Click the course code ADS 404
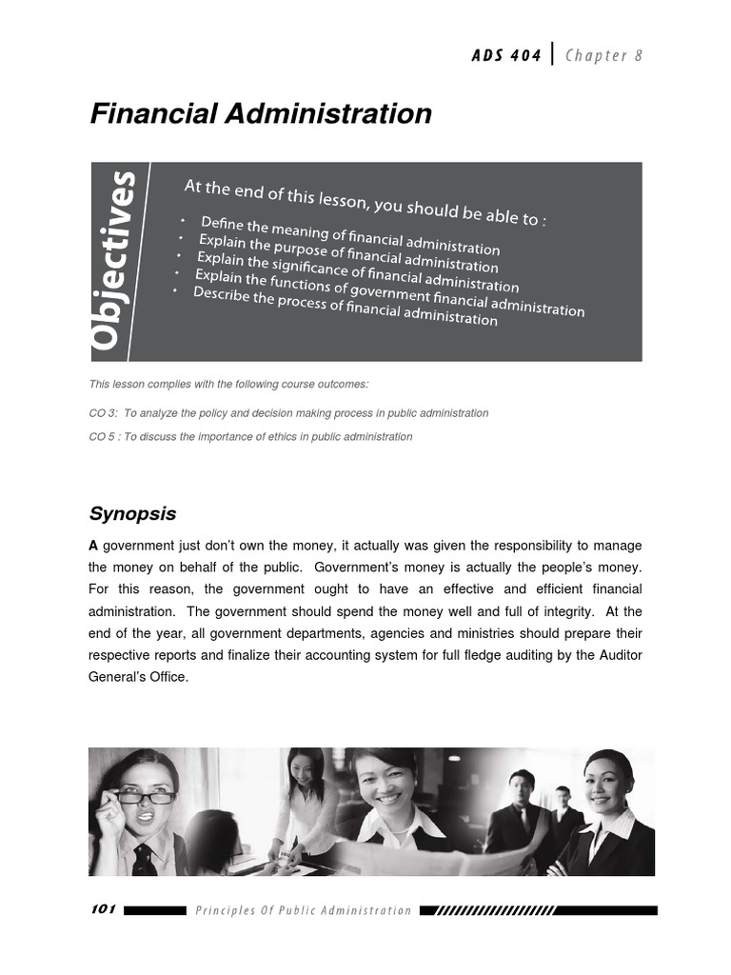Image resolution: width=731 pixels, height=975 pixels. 505,55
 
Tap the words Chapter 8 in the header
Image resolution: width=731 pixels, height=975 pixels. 604,55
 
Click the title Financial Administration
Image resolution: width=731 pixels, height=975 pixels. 260,114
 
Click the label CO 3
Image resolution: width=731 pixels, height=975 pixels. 103,413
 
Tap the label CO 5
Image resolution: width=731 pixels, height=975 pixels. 103,437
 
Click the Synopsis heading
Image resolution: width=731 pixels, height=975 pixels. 132,514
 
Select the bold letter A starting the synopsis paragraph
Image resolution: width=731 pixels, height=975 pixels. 94,546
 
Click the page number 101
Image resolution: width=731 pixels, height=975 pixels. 103,909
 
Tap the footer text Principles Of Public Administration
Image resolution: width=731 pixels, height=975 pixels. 303,910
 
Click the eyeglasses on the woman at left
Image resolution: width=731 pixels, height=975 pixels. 145,798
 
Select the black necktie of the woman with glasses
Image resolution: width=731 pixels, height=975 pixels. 144,859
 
